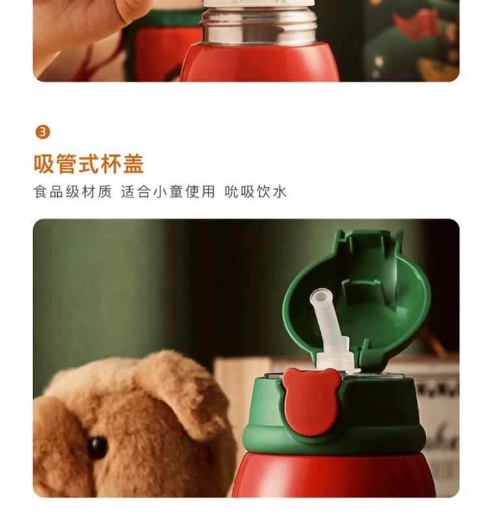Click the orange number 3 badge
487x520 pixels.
click(x=43, y=132)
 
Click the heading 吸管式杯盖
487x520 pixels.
click(x=89, y=164)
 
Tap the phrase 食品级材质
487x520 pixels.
click(x=73, y=192)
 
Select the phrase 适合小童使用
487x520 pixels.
click(x=168, y=192)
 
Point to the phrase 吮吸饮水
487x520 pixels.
click(x=255, y=192)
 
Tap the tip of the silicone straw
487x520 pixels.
click(x=318, y=297)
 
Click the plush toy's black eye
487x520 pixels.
click(x=97, y=447)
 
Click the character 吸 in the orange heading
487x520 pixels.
click(x=44, y=164)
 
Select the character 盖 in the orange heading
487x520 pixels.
click(x=134, y=164)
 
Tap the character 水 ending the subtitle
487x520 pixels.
click(x=280, y=192)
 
